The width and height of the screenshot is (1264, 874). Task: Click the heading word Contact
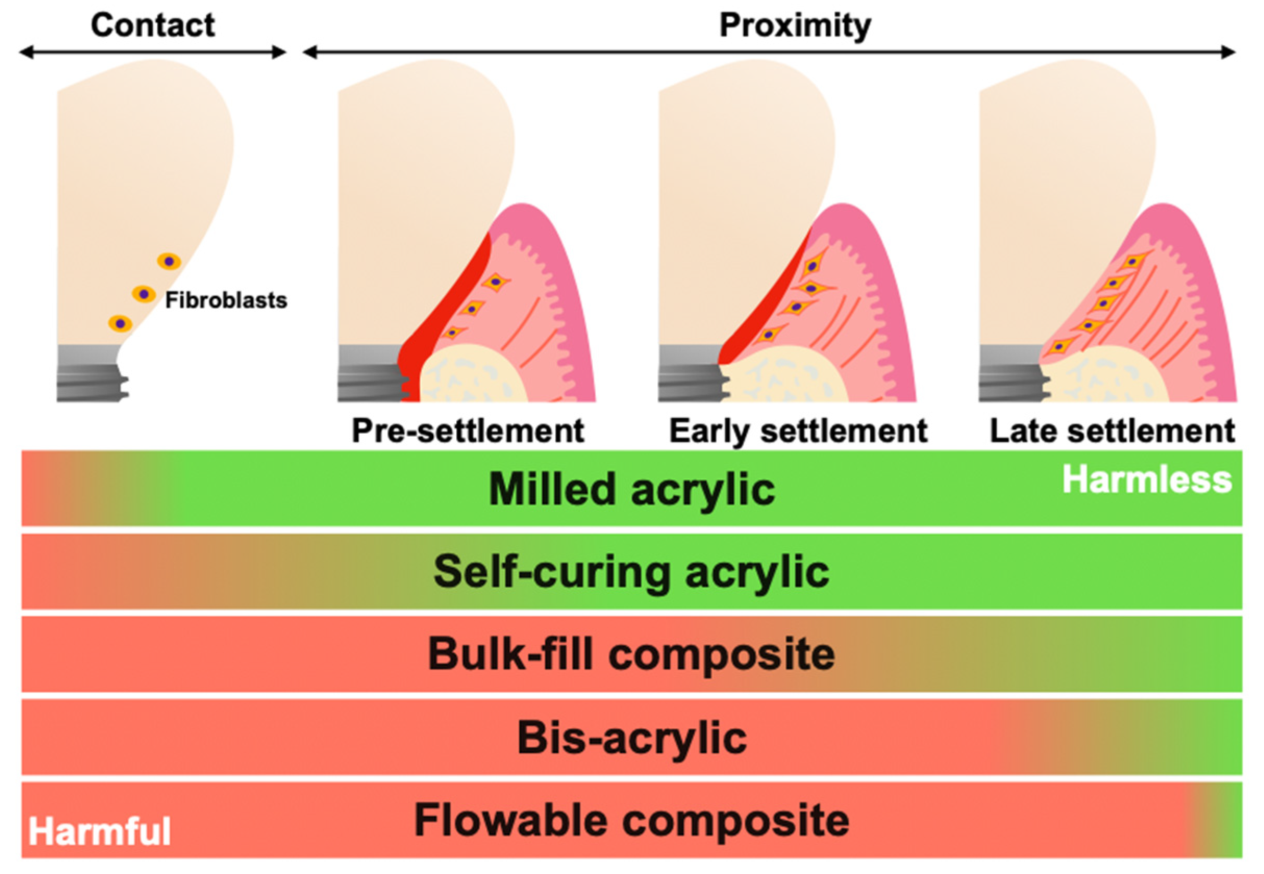click(x=153, y=25)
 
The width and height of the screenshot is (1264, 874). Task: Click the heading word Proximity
click(x=794, y=25)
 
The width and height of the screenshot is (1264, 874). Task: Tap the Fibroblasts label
click(x=226, y=300)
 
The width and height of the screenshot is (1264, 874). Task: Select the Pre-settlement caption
click(x=467, y=431)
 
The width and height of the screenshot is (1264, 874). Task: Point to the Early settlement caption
click(x=798, y=431)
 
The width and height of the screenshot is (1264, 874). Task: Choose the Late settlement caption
click(x=1112, y=431)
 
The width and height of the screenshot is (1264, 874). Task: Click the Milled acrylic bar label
click(x=631, y=489)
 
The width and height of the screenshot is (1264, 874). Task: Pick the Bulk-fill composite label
click(x=631, y=654)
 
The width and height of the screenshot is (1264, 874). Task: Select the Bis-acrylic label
click(x=631, y=738)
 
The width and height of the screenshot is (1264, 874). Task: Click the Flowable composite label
click(x=631, y=820)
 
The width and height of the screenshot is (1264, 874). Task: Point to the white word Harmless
click(x=1147, y=480)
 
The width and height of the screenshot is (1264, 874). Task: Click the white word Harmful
click(x=99, y=831)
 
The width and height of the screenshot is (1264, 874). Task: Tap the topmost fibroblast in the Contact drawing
click(x=169, y=261)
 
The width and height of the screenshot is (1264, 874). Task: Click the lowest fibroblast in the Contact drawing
click(x=120, y=324)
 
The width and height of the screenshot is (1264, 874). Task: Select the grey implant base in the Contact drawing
click(x=87, y=372)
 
